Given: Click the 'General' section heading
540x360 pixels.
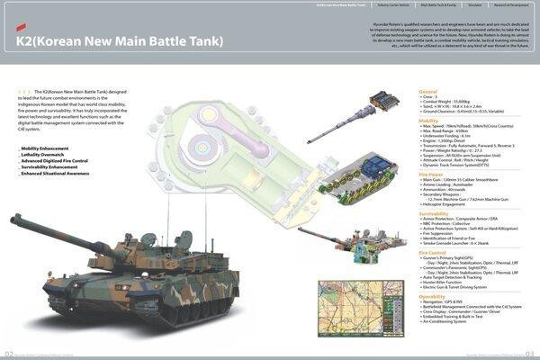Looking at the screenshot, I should [427, 92].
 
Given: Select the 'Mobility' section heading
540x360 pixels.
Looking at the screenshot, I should [428, 120].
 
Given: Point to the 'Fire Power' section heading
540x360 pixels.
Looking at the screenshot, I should [430, 175].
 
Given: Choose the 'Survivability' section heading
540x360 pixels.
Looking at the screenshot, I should [433, 213].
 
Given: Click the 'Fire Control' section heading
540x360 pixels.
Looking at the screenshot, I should [432, 252].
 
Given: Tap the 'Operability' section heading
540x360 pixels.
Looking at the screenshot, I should [432, 295].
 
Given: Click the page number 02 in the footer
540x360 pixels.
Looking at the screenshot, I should [9, 355].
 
